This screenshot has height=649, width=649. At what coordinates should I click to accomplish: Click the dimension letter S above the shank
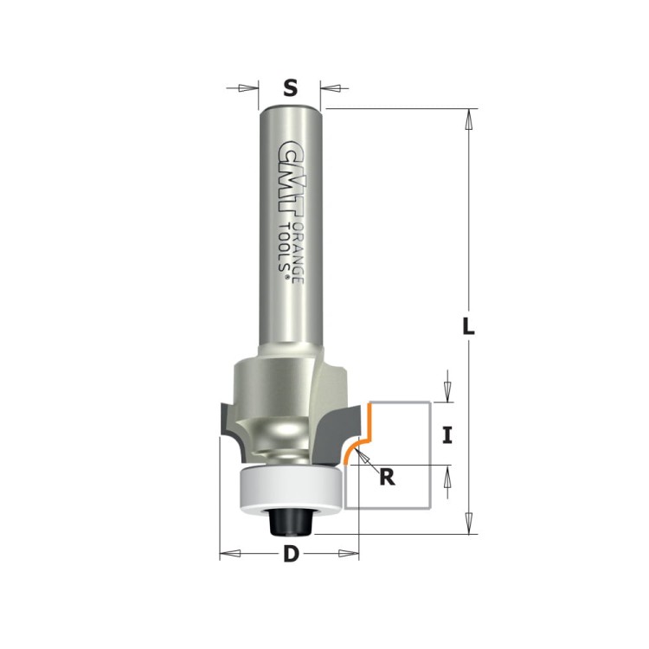point(291,87)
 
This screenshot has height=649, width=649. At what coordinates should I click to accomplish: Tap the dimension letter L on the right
point(467,326)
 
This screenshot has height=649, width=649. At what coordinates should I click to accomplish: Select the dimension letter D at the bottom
point(291,554)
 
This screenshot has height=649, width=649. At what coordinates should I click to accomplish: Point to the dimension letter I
point(447,435)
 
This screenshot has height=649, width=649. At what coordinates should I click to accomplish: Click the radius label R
point(387,477)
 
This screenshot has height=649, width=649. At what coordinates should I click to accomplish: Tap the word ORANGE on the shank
point(299,254)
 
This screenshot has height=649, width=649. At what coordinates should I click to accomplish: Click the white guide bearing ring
point(292,488)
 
